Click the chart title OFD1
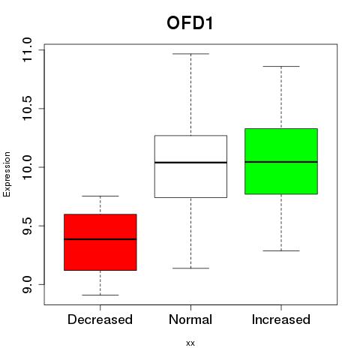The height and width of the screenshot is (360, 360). [190, 23]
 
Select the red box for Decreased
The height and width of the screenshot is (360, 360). [100, 242]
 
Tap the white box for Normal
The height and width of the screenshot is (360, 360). [190, 166]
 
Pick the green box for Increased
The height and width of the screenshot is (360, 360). [281, 161]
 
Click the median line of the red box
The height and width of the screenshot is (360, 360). [100, 239]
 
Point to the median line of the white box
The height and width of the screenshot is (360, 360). [190, 163]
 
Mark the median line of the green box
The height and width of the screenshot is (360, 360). [281, 162]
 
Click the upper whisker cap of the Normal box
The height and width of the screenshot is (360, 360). [190, 54]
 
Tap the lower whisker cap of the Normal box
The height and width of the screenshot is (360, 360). [190, 268]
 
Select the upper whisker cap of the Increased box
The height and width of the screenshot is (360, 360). [281, 67]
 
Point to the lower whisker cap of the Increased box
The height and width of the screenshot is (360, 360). [281, 250]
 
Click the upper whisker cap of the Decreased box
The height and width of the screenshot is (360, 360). [100, 196]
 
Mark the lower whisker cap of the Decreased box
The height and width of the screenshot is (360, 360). [100, 295]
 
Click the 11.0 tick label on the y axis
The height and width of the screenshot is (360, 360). [27, 49]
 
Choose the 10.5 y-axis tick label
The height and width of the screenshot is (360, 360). [27, 108]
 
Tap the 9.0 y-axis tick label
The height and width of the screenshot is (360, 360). [27, 284]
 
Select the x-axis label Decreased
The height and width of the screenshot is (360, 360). [100, 319]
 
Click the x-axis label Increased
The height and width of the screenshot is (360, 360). [281, 319]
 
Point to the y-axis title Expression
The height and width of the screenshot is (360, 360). [7, 174]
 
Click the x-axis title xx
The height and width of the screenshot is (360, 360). [190, 343]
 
